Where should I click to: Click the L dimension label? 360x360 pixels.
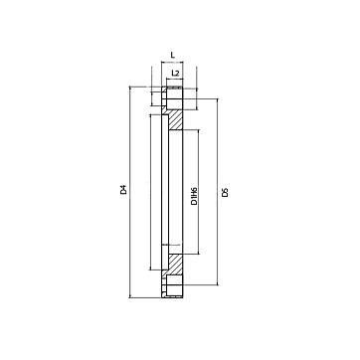coord(172,55)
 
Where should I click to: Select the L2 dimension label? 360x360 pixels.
coord(175,73)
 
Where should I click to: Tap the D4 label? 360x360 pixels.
coord(123,190)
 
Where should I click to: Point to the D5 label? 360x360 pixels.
coord(225,192)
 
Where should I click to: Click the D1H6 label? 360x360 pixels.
coord(194,196)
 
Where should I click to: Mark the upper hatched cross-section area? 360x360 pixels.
coord(176,120)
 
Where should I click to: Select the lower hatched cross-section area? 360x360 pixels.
coord(176,265)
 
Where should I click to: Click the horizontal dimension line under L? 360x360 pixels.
coord(172,62)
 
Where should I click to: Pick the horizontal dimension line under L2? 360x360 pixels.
coord(174,79)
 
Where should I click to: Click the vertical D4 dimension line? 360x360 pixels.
coord(129,192)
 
